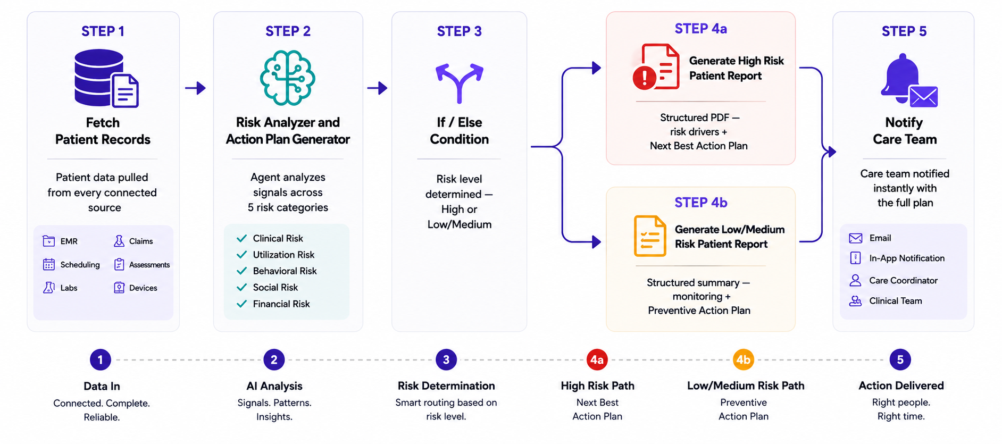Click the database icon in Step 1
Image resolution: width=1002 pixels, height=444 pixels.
(99, 77)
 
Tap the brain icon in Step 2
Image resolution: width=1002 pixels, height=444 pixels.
(288, 78)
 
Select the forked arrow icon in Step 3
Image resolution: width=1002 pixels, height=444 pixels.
(460, 83)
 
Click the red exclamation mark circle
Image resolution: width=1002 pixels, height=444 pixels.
(645, 78)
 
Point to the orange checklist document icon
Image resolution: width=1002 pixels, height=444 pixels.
(650, 236)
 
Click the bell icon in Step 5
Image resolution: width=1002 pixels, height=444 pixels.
(902, 78)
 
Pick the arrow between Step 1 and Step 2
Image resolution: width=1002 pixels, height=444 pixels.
(195, 88)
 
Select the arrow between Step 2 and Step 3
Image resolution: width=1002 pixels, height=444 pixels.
(377, 88)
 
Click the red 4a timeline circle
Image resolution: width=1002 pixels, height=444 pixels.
(597, 360)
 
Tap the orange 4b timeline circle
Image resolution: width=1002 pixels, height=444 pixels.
(744, 360)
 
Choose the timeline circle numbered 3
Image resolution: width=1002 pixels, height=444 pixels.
(446, 360)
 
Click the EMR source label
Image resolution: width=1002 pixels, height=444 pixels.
(69, 241)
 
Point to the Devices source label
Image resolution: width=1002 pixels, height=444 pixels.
(143, 288)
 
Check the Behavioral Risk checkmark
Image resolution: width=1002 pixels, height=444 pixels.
(241, 271)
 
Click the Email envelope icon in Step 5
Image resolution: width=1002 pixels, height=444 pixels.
(856, 238)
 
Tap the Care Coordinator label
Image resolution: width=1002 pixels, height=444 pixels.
(903, 281)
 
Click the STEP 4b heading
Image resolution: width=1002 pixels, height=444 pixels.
(701, 203)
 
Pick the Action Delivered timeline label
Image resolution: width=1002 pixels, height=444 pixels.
(901, 386)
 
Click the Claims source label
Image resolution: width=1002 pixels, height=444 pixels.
(141, 241)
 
